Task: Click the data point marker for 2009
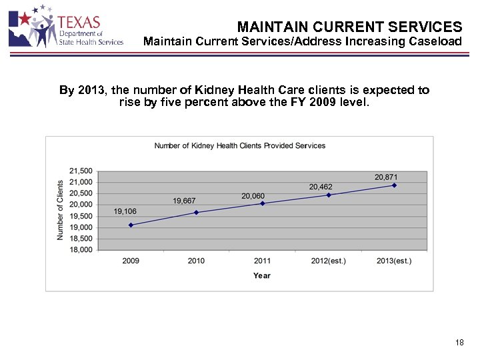click(131, 225)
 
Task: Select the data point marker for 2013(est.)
click(395, 185)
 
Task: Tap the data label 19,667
click(185, 201)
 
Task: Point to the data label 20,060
click(253, 196)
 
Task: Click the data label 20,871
click(386, 177)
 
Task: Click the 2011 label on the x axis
click(262, 261)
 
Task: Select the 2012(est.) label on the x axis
click(328, 261)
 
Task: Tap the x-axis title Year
click(261, 275)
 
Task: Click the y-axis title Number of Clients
click(60, 210)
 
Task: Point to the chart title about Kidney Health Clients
click(240, 145)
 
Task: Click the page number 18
click(459, 343)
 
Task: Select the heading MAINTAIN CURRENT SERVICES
click(349, 27)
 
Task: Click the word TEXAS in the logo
click(79, 22)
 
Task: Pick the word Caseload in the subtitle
click(437, 42)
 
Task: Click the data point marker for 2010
click(196, 213)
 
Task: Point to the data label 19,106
click(125, 211)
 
